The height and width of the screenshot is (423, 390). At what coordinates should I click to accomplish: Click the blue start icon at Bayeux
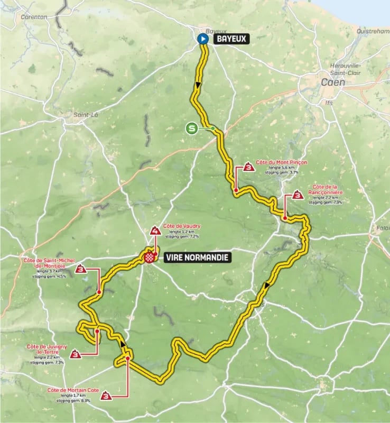pyautogui.click(x=202, y=39)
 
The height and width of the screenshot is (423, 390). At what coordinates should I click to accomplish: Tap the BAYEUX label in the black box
pyautogui.click(x=230, y=39)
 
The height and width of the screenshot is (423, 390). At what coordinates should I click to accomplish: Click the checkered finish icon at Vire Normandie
pyautogui.click(x=150, y=258)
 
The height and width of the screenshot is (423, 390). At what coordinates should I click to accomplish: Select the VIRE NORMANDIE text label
pyautogui.click(x=197, y=258)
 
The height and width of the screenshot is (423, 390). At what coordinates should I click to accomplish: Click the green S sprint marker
pyautogui.click(x=192, y=128)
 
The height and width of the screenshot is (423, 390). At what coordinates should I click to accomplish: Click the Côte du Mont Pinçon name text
pyautogui.click(x=281, y=162)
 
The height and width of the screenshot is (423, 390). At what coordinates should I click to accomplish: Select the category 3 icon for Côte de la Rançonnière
pyautogui.click(x=298, y=196)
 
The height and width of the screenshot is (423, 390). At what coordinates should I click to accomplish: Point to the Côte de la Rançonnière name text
pyautogui.click(x=324, y=190)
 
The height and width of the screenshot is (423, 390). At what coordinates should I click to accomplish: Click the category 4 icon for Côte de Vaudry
pyautogui.click(x=155, y=231)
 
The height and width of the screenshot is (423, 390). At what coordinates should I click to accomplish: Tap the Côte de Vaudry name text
pyautogui.click(x=181, y=226)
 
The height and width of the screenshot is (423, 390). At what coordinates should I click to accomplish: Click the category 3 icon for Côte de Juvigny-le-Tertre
pyautogui.click(x=77, y=355)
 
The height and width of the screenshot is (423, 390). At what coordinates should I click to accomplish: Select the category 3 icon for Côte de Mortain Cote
pyautogui.click(x=107, y=396)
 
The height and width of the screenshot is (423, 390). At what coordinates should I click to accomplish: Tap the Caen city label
pyautogui.click(x=333, y=82)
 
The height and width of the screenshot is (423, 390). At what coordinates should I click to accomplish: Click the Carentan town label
pyautogui.click(x=34, y=16)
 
